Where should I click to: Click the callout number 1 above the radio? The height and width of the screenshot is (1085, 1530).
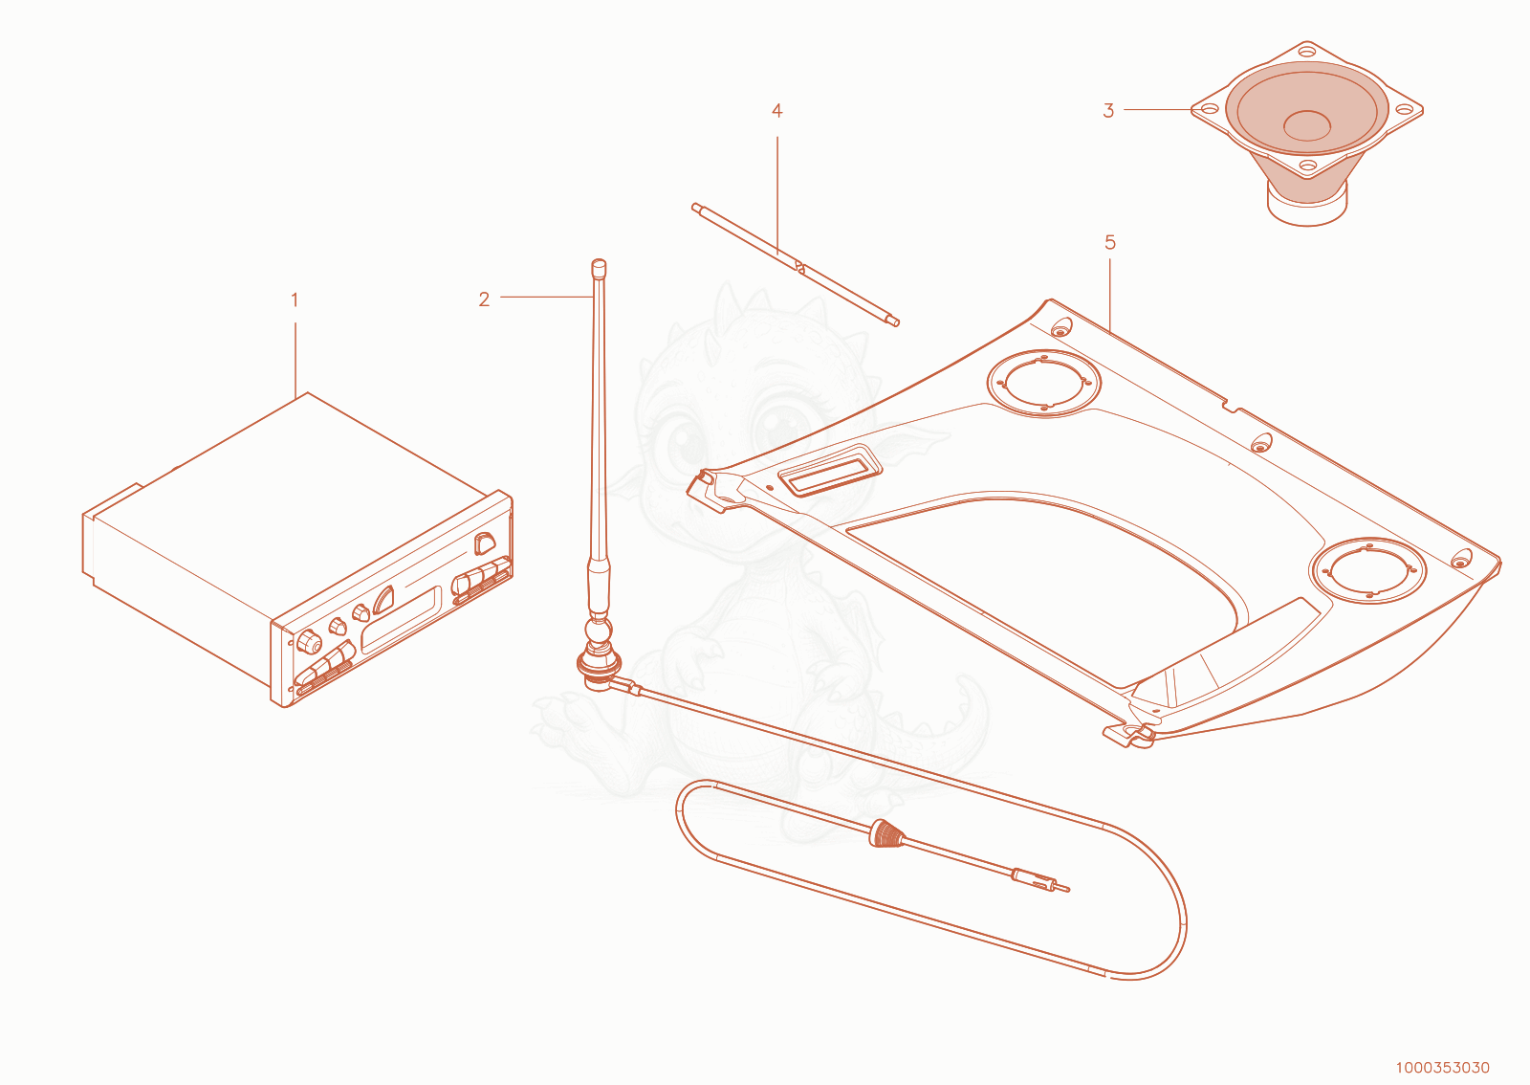tap(295, 299)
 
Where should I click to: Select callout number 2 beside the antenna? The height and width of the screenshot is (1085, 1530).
tap(484, 299)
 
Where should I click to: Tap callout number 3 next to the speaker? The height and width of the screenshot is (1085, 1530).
tap(1108, 111)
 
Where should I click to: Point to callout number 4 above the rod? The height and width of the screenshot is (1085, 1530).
tap(776, 111)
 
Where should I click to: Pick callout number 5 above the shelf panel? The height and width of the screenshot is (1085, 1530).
tap(1110, 243)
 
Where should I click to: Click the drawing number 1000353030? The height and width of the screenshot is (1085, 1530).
tap(1442, 1068)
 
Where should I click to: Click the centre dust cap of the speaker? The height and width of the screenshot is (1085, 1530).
tap(1306, 125)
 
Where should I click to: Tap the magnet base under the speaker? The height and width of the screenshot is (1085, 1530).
tap(1307, 204)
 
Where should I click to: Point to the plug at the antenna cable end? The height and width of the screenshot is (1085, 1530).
tap(1039, 882)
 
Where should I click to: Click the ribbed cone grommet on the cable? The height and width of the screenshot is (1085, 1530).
tap(885, 833)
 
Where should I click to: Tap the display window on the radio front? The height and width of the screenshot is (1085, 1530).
tap(401, 620)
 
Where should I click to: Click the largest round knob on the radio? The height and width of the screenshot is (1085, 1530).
tap(310, 642)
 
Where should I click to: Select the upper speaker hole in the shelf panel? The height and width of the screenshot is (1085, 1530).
tap(1043, 384)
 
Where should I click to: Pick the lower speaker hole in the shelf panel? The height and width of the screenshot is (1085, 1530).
tap(1368, 571)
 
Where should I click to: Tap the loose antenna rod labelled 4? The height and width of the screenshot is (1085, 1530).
tap(795, 264)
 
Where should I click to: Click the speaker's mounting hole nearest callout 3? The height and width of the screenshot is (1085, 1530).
tap(1210, 109)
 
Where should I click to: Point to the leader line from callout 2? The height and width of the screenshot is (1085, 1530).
tap(546, 297)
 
